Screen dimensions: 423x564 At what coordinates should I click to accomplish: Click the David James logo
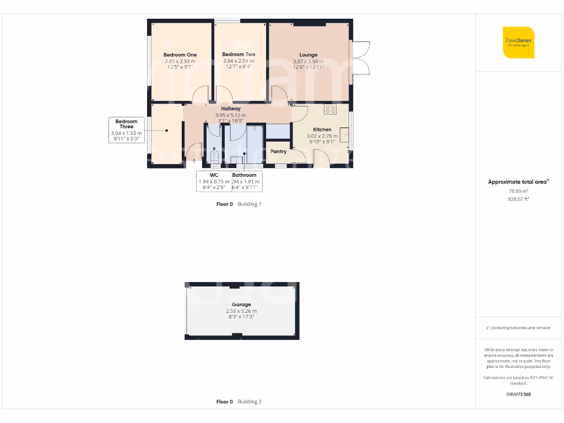tap(518, 42)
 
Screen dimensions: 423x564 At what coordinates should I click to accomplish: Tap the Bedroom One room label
tap(180, 55)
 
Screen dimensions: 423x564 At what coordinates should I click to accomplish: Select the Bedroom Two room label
tap(238, 55)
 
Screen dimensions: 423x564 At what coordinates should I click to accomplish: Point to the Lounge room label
tap(308, 55)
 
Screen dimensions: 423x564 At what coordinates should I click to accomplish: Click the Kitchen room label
tap(322, 129)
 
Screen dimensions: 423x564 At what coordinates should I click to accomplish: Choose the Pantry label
tap(278, 151)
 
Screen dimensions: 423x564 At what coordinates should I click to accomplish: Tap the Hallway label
tap(231, 109)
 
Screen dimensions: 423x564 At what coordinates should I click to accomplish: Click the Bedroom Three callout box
tap(127, 130)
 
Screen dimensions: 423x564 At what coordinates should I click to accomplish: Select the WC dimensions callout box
tap(214, 181)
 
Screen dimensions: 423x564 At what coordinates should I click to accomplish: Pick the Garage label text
tap(241, 305)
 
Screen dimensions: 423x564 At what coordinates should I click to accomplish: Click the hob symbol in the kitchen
tap(330, 109)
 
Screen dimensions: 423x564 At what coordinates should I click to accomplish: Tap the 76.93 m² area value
tap(518, 191)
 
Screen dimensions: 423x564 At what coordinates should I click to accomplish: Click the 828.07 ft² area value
tap(518, 199)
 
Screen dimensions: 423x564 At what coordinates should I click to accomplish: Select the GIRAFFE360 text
tap(518, 394)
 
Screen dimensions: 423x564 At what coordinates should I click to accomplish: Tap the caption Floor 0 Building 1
tap(238, 204)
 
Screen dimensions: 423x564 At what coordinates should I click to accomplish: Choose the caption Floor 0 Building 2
tap(238, 402)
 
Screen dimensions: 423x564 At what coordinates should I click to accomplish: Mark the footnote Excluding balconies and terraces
tap(518, 328)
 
